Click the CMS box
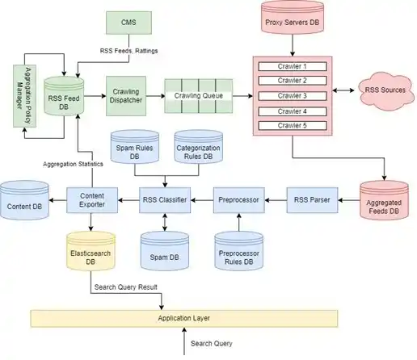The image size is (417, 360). (128, 23)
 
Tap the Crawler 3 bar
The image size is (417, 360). (293, 96)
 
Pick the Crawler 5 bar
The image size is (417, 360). (293, 126)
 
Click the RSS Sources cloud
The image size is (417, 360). (385, 91)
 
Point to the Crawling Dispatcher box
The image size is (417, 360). (126, 96)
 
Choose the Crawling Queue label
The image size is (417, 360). (199, 96)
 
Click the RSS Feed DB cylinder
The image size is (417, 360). (64, 96)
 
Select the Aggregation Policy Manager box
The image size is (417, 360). (25, 96)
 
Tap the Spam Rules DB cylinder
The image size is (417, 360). (135, 147)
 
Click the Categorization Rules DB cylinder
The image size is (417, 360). (199, 147)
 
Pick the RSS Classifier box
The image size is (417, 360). (165, 200)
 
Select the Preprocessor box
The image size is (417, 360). (239, 200)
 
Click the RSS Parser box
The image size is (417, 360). (312, 200)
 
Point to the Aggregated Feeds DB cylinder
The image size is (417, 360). (384, 199)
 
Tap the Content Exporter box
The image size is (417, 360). (92, 200)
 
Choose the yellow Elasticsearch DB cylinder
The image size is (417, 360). (91, 251)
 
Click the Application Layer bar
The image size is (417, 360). (184, 319)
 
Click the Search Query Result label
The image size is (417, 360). (126, 287)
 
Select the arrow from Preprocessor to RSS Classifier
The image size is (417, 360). (202, 200)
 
